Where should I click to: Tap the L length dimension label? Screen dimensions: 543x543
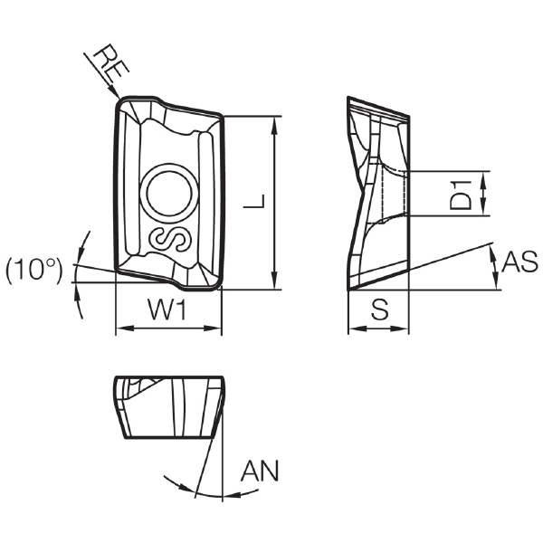pos(254,201)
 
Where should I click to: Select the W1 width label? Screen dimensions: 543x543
pos(167,310)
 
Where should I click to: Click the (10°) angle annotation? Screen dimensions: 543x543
pos(34,269)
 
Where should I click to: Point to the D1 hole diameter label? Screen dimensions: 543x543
pos(461,195)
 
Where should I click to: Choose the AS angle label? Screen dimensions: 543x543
pos(519,262)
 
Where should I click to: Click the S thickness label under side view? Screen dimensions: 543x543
pos(379,310)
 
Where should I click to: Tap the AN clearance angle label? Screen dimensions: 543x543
pos(260,471)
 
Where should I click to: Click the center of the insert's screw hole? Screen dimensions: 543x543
pos(169,194)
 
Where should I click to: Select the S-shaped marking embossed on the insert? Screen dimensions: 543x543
pos(170,239)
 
